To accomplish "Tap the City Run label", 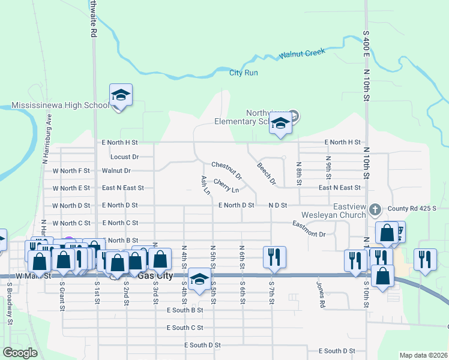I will [244, 73].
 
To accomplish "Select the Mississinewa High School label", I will [60, 106].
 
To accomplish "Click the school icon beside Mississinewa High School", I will [121, 95].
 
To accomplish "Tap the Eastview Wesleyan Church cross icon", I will [376, 209].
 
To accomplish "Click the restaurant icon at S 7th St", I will [274, 257].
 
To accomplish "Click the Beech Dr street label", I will [266, 173].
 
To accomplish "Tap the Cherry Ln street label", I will [226, 186].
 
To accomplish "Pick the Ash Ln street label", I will [205, 185].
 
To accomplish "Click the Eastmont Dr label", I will [309, 230].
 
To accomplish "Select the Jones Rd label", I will [322, 291].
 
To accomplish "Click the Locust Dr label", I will [125, 157].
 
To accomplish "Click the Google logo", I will [20, 353].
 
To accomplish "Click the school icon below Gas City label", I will [199, 279].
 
